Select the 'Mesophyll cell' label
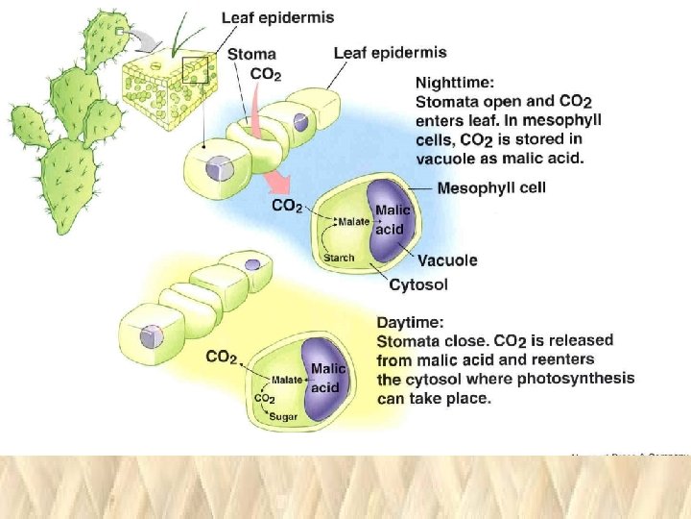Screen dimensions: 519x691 coord(491,188)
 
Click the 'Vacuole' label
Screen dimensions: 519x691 coord(447,260)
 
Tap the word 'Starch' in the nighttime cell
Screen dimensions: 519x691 coord(338,258)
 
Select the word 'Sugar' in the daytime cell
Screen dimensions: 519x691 coord(283,416)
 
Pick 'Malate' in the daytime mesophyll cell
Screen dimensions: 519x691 coord(287,380)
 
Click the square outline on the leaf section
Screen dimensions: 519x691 coord(196,70)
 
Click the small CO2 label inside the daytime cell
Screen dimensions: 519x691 coord(264,399)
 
